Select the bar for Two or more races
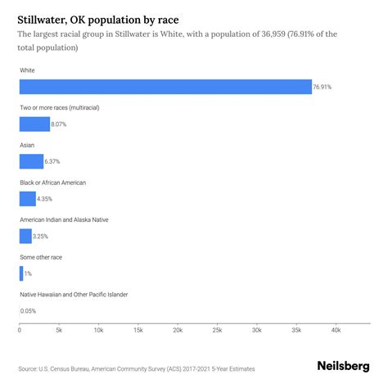pyautogui.click(x=34, y=124)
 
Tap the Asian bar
pyautogui.click(x=31, y=161)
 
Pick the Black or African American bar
pyautogui.click(x=28, y=199)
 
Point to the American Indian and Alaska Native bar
pyautogui.click(x=25, y=237)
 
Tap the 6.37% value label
pyautogui.click(x=56, y=161)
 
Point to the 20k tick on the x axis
pyautogui.click(x=177, y=330)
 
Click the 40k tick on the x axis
pyautogui.click(x=336, y=330)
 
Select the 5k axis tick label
pyautogui.click(x=59, y=330)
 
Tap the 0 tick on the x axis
pyautogui.click(x=20, y=330)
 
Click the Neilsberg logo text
pyautogui.click(x=343, y=366)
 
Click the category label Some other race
pyautogui.click(x=41, y=257)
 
